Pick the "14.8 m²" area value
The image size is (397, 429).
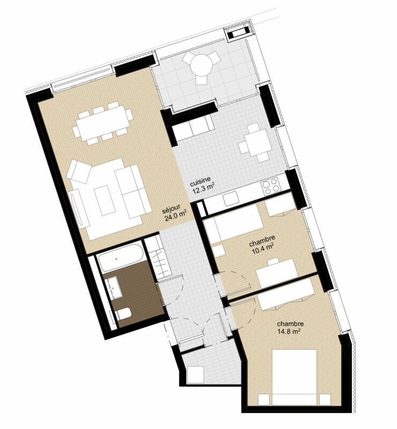pyautogui.click(x=288, y=331)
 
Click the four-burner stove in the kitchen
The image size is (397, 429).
pyautogui.click(x=270, y=187)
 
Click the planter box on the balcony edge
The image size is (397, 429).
pyautogui.click(x=236, y=35)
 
